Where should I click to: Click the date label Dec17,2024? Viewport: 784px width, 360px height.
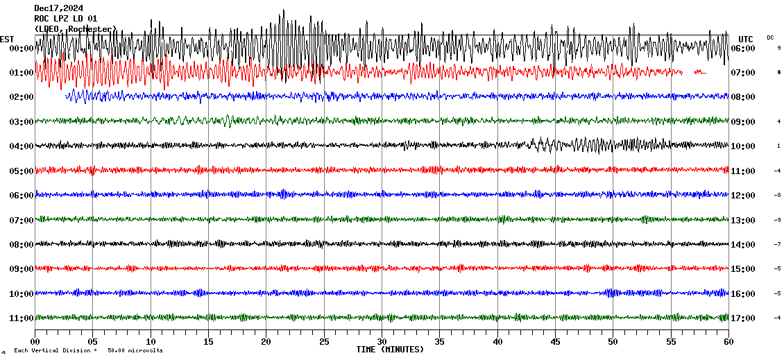(63, 8)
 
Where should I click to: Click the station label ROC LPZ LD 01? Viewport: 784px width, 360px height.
(65, 19)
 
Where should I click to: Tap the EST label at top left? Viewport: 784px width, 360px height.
(7, 39)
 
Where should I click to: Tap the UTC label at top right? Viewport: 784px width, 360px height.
(746, 39)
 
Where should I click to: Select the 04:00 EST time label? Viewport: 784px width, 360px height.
(22, 146)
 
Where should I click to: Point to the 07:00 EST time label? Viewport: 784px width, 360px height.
(22, 220)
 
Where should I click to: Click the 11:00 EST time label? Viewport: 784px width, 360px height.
(22, 318)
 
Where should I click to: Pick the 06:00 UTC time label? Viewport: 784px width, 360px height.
(742, 49)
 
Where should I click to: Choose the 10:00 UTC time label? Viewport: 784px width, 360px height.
(742, 146)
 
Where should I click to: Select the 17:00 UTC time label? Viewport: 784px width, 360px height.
(742, 318)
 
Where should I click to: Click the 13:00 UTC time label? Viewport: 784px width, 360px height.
(742, 220)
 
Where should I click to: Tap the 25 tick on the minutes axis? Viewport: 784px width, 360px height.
(324, 342)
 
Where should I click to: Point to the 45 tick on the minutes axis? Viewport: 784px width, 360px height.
(555, 342)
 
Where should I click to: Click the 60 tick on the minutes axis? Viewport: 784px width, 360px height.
(728, 342)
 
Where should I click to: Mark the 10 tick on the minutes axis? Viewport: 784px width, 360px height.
(151, 342)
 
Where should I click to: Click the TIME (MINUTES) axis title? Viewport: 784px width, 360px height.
(390, 350)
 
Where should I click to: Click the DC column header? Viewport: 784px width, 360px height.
(770, 37)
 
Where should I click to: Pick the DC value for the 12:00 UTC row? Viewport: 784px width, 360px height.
(778, 196)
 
